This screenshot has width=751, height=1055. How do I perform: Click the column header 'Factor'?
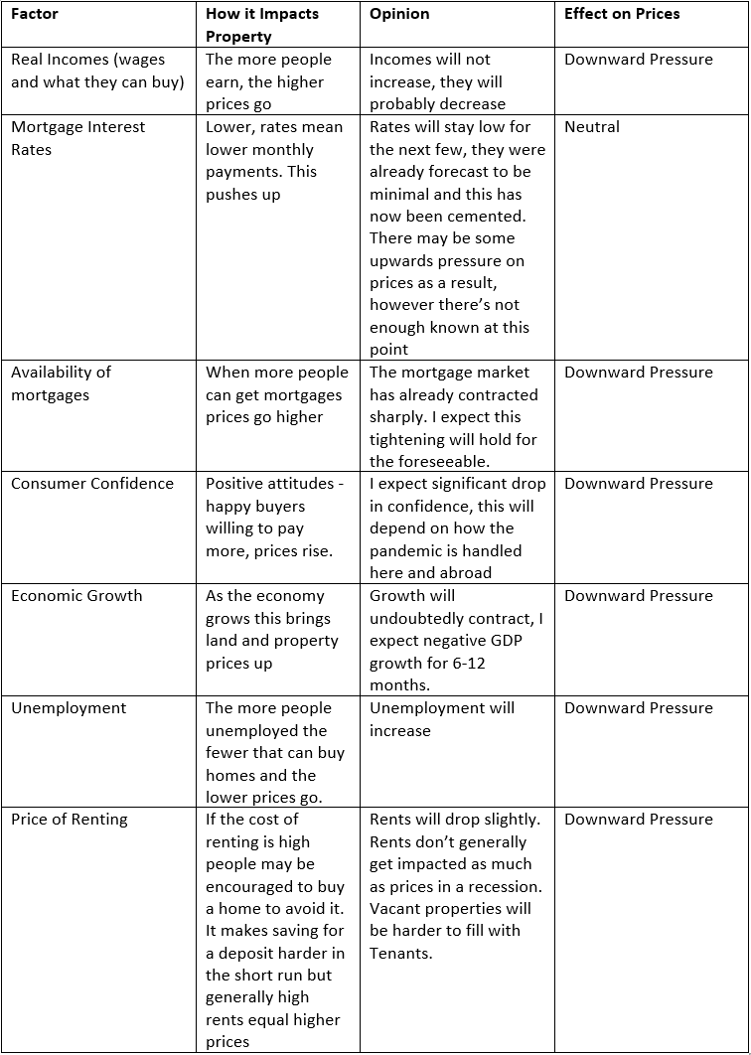point(35,14)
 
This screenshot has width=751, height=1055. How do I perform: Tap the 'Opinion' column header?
point(399,14)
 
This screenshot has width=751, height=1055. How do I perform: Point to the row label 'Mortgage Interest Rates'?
point(77,138)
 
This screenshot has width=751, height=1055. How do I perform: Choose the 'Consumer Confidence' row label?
point(91,484)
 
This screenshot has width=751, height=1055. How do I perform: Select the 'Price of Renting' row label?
point(70,820)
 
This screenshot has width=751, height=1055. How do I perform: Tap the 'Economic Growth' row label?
point(76,596)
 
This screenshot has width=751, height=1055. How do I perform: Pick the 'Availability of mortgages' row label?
point(61,383)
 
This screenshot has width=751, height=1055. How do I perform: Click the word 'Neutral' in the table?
point(592,127)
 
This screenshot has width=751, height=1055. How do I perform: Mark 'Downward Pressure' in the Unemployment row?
point(638,708)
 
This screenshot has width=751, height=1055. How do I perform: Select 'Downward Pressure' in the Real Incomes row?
point(638,60)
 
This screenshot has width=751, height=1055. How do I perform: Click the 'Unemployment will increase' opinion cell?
point(442,719)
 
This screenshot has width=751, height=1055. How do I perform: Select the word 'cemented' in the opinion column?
point(487,217)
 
